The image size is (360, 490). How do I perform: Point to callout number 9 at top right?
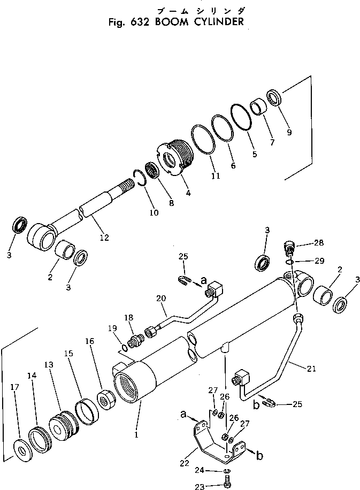[289, 133]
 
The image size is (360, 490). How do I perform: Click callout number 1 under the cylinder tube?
[137, 435]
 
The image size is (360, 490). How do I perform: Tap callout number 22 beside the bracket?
[184, 462]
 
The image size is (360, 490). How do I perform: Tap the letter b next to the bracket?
[260, 455]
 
